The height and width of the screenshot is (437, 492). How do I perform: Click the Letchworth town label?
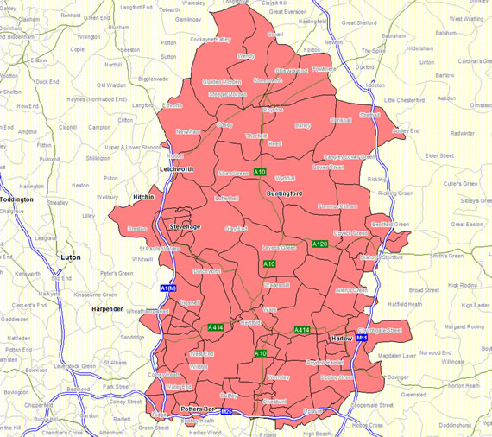click(x=177, y=168)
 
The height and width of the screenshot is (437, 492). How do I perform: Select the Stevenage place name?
click(x=184, y=226)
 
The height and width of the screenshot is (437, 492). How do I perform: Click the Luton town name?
click(x=69, y=257)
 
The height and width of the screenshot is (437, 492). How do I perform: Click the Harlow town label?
click(x=342, y=339)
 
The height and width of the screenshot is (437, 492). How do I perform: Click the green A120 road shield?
click(x=320, y=244)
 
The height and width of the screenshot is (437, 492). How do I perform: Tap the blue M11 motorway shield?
click(x=363, y=338)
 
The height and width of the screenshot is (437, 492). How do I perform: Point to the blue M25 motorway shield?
click(x=226, y=412)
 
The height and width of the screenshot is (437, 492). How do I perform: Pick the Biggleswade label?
click(x=153, y=79)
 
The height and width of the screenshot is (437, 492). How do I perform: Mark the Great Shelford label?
click(x=361, y=23)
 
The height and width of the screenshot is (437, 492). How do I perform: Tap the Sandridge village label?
click(x=131, y=337)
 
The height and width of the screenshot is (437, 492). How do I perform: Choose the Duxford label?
click(x=364, y=66)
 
